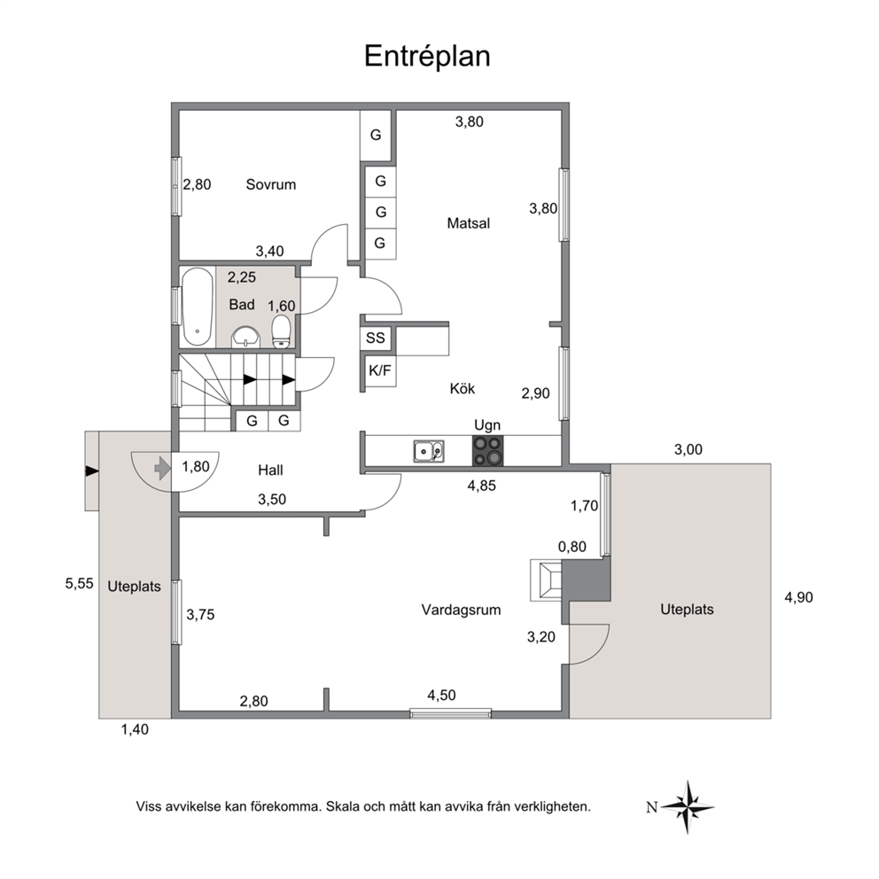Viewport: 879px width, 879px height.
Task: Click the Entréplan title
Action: coord(427,56)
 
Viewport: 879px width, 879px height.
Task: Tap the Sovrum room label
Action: coord(271,184)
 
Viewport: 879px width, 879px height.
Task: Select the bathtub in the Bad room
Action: coord(198,307)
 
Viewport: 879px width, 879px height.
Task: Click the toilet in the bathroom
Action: coord(281,331)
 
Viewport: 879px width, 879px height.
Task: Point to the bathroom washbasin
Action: coord(246,337)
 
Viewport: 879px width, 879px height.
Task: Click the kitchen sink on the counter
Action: coord(429,451)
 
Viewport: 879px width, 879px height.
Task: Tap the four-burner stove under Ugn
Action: coord(487,451)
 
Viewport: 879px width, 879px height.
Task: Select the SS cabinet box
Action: coord(375,338)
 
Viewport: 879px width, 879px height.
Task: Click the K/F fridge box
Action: coord(379,370)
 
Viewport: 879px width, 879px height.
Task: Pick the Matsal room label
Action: coord(468,223)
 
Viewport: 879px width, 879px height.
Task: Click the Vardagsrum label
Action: coord(461,610)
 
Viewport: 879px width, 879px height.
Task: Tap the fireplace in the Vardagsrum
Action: coord(546,580)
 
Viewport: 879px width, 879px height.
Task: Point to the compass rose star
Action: coord(688,807)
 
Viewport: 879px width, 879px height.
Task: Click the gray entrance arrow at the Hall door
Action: coord(162,468)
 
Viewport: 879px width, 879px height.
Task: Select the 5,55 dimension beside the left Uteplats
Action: coord(79,584)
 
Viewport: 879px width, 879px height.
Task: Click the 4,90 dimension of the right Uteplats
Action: coord(798,597)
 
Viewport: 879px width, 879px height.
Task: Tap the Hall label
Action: coord(270,471)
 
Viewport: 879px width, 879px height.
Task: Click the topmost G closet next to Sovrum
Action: coord(375,135)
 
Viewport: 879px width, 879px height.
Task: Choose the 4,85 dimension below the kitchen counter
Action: coord(481,486)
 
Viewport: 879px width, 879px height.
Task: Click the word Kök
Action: coord(462,388)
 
